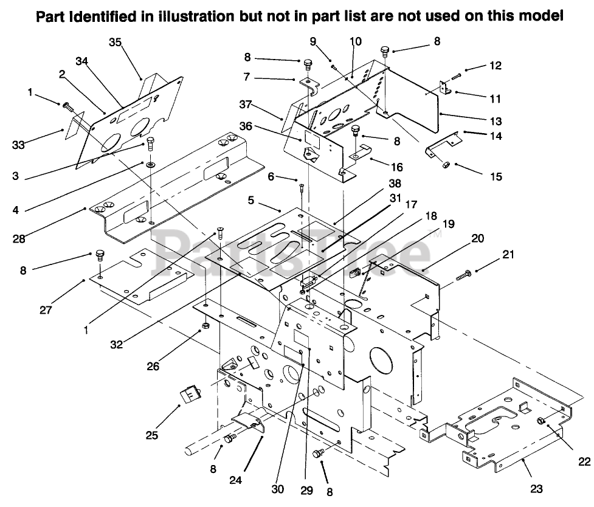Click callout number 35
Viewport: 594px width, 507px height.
[x=115, y=43]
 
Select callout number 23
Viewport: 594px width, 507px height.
[x=536, y=489]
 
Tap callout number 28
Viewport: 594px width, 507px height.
[x=19, y=239]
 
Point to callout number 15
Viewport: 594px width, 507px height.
[x=496, y=176]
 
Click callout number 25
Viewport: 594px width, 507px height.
[x=152, y=435]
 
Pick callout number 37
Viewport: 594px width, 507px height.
[x=246, y=104]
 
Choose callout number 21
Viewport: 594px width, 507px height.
[x=508, y=254]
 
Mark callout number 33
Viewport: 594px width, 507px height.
[x=18, y=145]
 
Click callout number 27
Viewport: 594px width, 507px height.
[x=46, y=310]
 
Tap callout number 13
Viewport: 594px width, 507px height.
[x=496, y=121]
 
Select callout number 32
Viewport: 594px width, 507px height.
[x=117, y=344]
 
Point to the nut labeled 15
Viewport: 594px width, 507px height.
[x=446, y=165]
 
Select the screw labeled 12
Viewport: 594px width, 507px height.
[x=456, y=77]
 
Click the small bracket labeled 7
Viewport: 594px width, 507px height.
[x=309, y=86]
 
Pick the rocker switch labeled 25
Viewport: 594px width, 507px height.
[x=190, y=395]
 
